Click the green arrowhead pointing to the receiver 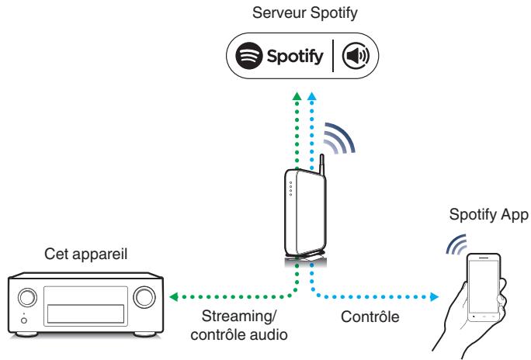coord(175,296)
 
